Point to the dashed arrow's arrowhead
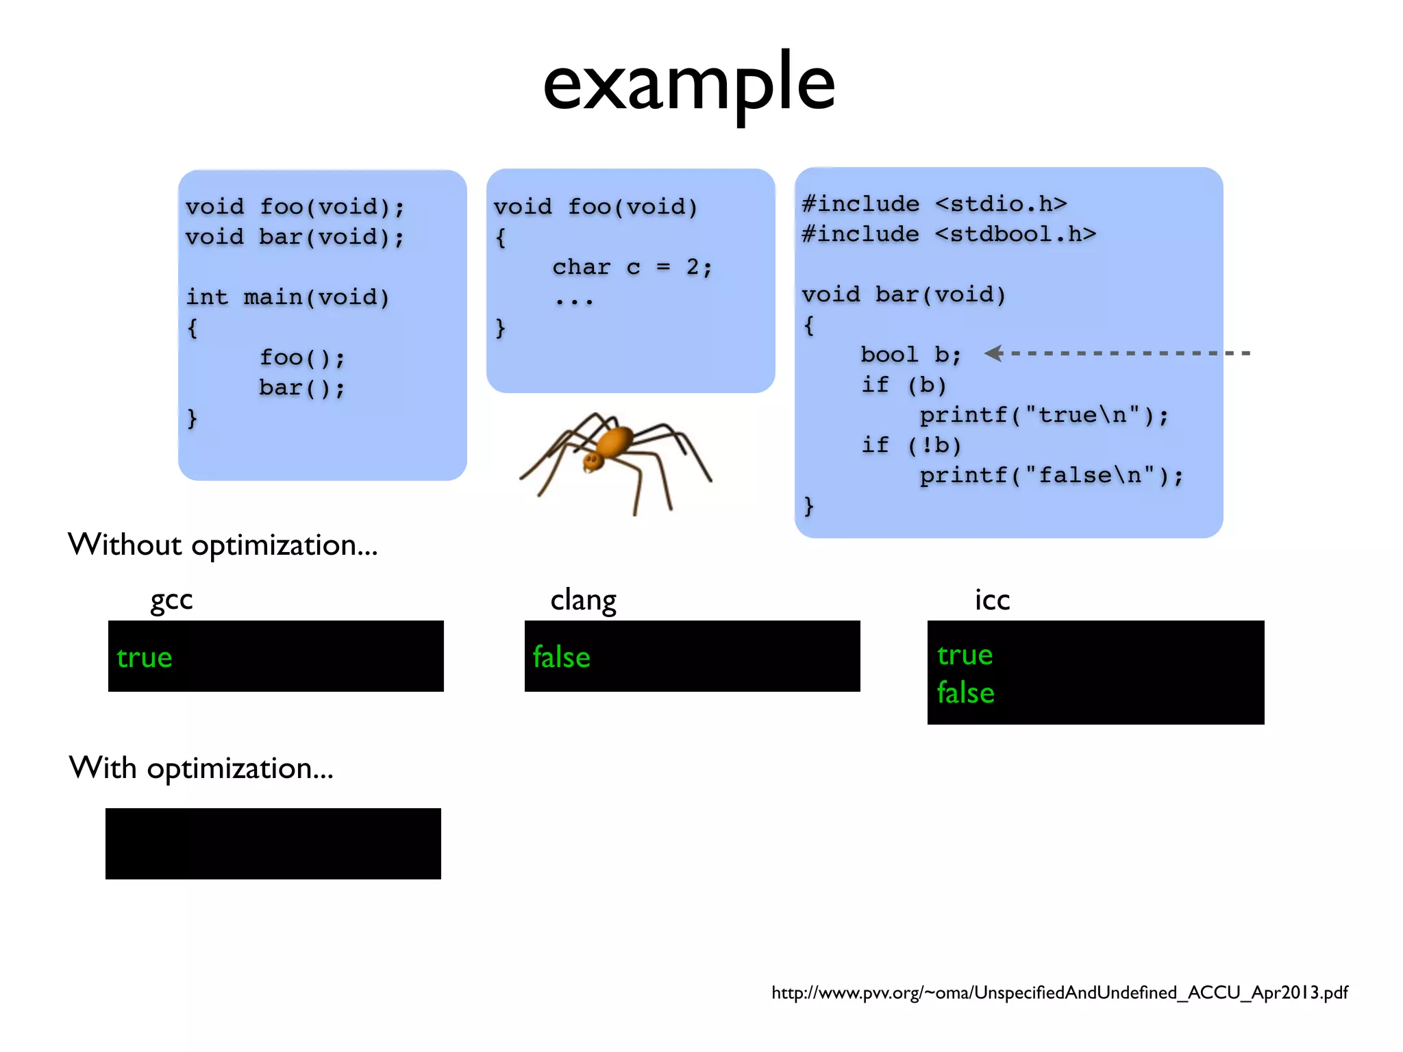[994, 353]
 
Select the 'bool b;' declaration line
[910, 355]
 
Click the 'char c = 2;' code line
[632, 267]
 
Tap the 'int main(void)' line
[288, 297]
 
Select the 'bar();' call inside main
[301, 388]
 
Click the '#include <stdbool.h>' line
[949, 234]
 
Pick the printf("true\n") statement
[1043, 415]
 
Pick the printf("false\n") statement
[1051, 475]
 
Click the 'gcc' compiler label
[171, 600]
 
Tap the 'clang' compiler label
[583, 600]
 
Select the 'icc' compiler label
[992, 600]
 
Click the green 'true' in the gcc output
[145, 657]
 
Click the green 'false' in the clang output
[561, 657]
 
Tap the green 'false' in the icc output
[965, 693]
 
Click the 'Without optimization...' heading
[223, 545]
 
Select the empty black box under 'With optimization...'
[273, 843]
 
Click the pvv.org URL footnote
[1059, 992]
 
